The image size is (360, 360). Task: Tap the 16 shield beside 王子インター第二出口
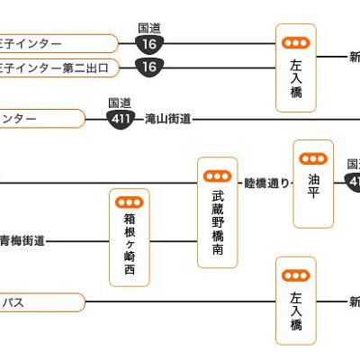pos(149,67)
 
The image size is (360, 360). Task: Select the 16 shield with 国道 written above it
pos(149,43)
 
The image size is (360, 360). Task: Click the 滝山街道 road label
pos(167,119)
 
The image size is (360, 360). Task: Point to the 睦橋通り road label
pos(267,183)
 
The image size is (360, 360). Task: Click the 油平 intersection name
pos(313,185)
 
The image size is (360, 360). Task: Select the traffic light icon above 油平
pos(313,157)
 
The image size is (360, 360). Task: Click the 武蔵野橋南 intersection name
pos(218,221)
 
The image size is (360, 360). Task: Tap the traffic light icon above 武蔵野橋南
pos(218,175)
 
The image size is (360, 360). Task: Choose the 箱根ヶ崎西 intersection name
pos(130,244)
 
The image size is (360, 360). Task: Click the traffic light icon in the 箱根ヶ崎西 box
pos(130,203)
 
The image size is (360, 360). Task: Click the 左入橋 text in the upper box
pos(295,79)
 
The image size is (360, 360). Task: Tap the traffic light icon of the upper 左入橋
pos(295,42)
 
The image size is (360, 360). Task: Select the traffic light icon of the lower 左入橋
pos(295,274)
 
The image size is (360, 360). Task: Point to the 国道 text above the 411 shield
pos(119,103)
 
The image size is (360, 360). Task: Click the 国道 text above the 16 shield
pos(149,29)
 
